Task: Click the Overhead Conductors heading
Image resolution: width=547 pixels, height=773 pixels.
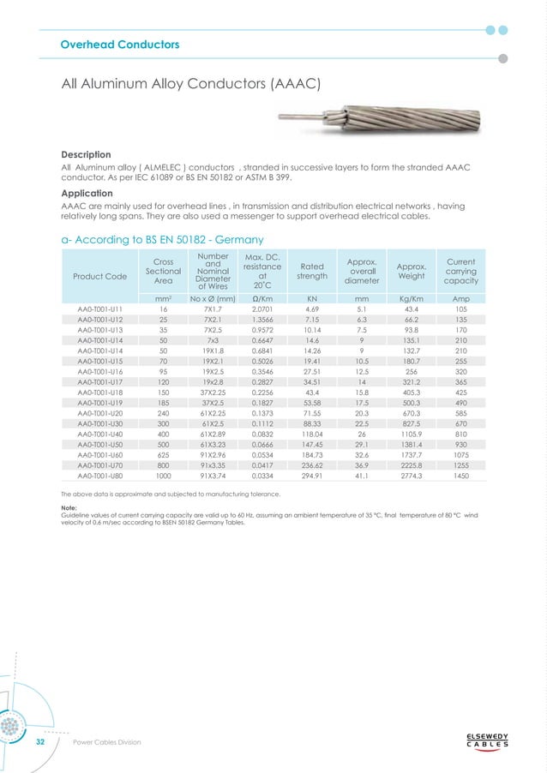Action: point(119,44)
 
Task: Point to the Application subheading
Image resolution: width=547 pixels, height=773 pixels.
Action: point(92,195)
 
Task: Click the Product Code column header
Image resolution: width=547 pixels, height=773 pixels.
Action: point(99,276)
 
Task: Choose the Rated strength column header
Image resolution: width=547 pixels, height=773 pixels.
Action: point(312,271)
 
